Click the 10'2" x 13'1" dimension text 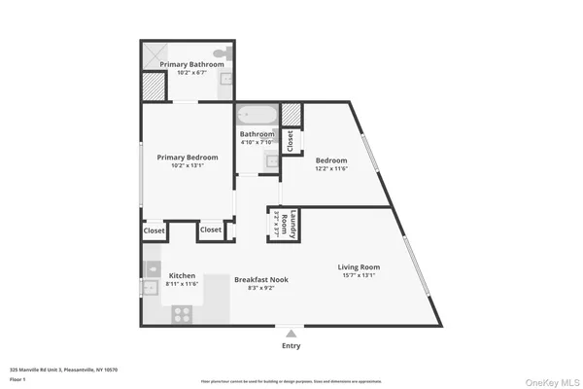pos(187,164)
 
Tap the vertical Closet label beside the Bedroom pos(290,141)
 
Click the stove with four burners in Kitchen pos(182,313)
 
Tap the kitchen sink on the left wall pos(150,287)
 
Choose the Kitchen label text pos(183,275)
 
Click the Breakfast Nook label pos(260,279)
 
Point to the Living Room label pos(359,266)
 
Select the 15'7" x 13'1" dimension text pos(359,276)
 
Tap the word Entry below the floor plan pos(291,345)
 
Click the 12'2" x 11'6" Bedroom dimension pos(331,169)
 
